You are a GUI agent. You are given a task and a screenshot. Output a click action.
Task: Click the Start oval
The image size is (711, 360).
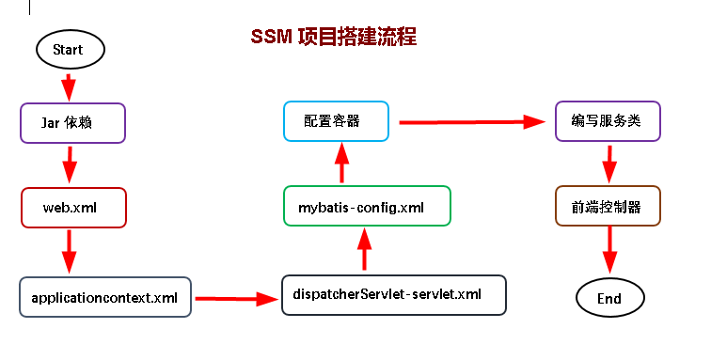click(x=69, y=49)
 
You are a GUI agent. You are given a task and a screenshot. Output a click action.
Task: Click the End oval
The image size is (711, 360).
click(x=609, y=298)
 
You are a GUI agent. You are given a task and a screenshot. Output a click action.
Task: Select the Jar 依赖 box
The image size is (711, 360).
click(x=72, y=122)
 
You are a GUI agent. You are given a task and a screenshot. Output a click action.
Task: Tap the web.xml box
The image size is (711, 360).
click(x=71, y=208)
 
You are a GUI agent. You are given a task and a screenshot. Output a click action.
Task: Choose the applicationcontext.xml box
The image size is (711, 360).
click(x=104, y=297)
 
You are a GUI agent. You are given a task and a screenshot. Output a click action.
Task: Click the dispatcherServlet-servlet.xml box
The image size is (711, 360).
click(x=394, y=294)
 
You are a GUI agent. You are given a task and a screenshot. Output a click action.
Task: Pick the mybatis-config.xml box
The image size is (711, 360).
click(x=367, y=206)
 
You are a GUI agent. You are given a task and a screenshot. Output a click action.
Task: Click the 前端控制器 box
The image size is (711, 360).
click(x=607, y=207)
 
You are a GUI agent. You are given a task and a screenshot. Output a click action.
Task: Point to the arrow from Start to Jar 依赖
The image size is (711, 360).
click(x=68, y=86)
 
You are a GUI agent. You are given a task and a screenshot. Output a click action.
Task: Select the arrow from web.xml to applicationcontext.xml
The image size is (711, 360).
click(x=69, y=252)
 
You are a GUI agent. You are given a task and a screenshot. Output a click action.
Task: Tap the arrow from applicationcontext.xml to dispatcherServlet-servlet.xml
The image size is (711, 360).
click(x=235, y=299)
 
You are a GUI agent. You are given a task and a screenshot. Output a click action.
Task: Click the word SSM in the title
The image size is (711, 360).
click(x=271, y=38)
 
